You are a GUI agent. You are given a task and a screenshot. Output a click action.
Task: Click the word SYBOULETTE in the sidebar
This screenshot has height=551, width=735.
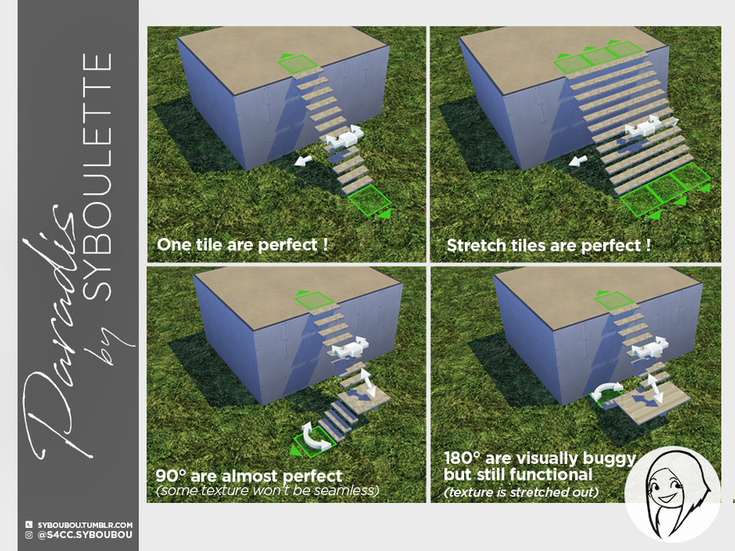(x=97, y=176)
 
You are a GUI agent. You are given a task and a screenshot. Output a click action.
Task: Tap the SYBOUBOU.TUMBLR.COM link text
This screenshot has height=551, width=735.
(x=85, y=525)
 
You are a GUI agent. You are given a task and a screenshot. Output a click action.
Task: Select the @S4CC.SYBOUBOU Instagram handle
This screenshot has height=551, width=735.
(x=85, y=534)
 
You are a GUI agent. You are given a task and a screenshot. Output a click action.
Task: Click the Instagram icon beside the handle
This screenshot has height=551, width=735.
(x=29, y=534)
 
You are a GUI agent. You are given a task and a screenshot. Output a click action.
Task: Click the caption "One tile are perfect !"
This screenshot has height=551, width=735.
(x=242, y=244)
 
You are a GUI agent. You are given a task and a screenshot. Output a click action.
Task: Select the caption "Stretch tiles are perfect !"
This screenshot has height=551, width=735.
(x=548, y=245)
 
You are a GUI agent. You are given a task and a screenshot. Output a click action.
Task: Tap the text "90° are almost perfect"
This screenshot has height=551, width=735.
(x=249, y=476)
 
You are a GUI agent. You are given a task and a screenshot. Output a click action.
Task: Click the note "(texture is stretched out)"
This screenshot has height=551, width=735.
(x=521, y=493)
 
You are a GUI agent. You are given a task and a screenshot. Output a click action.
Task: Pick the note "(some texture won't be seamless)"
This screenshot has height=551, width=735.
(x=267, y=490)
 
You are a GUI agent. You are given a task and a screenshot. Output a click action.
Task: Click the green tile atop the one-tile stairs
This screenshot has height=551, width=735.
(x=297, y=63)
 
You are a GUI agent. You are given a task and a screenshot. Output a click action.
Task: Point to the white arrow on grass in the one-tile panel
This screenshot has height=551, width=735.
(x=304, y=161)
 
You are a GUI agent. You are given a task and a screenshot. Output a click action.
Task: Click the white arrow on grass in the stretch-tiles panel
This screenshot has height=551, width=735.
(x=578, y=161)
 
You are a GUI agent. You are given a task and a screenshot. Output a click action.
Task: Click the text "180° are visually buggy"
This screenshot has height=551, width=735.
(x=539, y=458)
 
